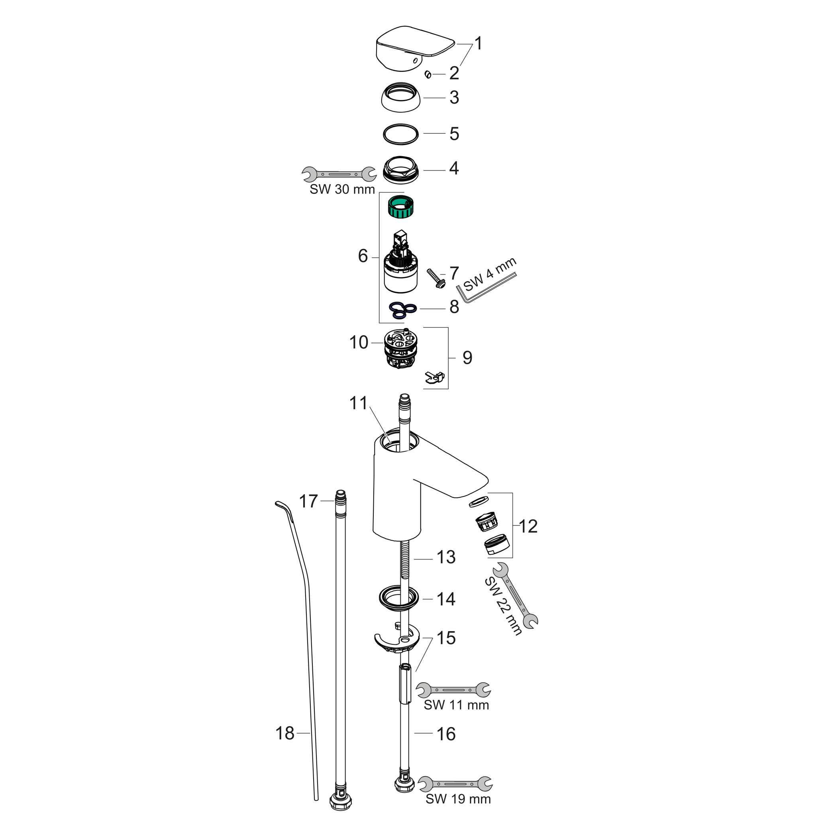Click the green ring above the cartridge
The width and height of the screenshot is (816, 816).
click(400, 207)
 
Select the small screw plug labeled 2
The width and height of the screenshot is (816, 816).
click(428, 75)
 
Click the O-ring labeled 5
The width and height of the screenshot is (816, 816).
click(400, 134)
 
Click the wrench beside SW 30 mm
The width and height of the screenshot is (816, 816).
click(339, 174)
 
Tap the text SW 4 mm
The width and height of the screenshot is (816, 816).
click(490, 274)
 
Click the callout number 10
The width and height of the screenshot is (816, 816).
click(359, 343)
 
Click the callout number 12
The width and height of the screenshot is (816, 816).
click(528, 527)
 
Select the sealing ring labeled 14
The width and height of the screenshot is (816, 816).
click(398, 599)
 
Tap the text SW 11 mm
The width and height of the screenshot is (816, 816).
click(456, 705)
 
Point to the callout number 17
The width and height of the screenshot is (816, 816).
click(308, 501)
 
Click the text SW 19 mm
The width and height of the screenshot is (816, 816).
click(458, 799)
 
